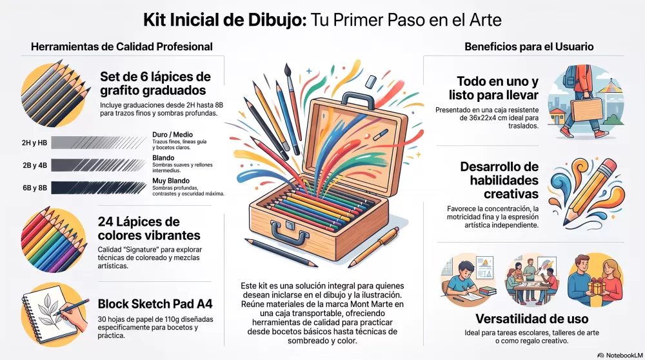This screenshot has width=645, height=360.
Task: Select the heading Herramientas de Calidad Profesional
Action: pos(122,46)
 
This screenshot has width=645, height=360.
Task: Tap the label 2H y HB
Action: pos(35,143)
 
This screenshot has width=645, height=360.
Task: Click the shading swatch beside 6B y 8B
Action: pos(99,188)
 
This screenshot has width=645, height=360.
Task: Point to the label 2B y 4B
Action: pos(35,165)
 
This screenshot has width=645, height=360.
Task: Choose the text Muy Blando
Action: pos(171,181)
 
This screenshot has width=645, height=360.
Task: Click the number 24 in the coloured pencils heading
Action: pos(106,222)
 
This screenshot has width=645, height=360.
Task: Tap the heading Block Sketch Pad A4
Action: pos(155,304)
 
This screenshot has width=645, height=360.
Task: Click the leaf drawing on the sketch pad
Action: pos(48,310)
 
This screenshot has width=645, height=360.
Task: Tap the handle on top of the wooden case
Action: pos(357,100)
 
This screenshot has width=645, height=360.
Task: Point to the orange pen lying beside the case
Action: pos(373,246)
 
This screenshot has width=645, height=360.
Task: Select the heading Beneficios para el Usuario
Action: pos(529,46)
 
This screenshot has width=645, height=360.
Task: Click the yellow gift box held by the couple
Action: pos(595,286)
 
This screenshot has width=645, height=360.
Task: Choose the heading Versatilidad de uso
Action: pos(532,319)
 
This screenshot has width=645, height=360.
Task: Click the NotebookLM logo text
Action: pos(624,355)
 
